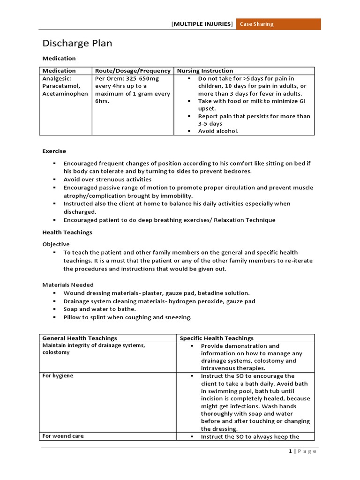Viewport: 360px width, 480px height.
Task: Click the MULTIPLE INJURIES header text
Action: pos(202,24)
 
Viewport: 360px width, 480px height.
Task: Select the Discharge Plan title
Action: pos(77,44)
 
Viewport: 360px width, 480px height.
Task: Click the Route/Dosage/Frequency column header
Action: pos(133,71)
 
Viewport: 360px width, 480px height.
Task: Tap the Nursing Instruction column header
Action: pos(205,71)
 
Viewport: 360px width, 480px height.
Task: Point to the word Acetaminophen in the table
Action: pos(65,94)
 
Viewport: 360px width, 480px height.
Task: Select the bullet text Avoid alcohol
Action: pos(218,131)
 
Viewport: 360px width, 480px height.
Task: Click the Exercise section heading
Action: pos(54,151)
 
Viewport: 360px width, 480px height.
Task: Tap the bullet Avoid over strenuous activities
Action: pos(107,180)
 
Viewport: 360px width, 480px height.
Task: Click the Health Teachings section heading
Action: pos(67,232)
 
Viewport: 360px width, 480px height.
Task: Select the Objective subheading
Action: pos(56,244)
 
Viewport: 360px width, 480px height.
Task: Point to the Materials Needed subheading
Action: pos(68,285)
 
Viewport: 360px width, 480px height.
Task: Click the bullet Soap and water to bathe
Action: pos(100,309)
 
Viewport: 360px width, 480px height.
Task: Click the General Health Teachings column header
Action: pos(80,338)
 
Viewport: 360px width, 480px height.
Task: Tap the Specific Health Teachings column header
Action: pos(217,338)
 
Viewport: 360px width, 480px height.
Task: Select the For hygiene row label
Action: pos(58,376)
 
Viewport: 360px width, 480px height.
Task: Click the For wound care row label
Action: pos(63,436)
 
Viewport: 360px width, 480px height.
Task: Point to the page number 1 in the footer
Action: pos(290,451)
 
